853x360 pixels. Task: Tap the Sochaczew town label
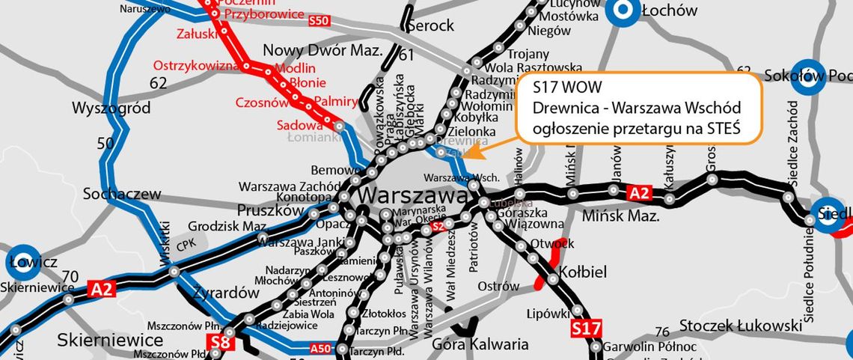pos(122,194)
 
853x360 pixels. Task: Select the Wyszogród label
pos(111,108)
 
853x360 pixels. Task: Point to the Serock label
pos(430,25)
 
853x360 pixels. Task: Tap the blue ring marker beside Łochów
pos(620,10)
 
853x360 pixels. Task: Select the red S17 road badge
pos(586,329)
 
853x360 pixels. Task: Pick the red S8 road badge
pos(219,343)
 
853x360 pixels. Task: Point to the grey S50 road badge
pos(319,21)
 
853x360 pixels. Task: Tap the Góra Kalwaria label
pos(480,344)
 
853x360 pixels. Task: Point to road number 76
pos(661,332)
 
